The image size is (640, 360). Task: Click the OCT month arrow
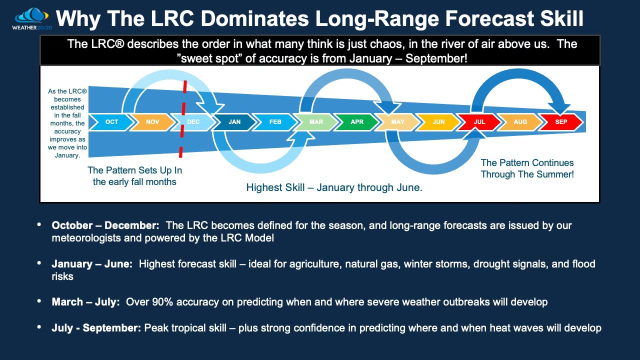coord(111,122)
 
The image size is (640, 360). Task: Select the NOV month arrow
coord(152,122)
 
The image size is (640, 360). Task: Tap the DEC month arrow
coord(193,122)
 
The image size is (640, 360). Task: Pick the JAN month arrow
coord(234,122)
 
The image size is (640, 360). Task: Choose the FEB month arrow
coord(275,122)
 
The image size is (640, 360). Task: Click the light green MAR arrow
coord(316,122)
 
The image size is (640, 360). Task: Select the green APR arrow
coord(357,122)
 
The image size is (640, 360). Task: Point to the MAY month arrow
coord(398,122)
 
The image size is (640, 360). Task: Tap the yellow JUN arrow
coord(438,122)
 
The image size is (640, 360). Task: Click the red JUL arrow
coord(479,122)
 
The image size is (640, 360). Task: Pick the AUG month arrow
coord(520,122)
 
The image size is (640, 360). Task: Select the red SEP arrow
coord(561,122)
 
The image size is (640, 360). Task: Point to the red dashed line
coord(183,120)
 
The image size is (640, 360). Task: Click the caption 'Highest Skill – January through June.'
coord(334,188)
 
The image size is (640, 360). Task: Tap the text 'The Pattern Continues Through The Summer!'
coord(527,168)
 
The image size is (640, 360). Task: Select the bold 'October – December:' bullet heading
coord(106,225)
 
